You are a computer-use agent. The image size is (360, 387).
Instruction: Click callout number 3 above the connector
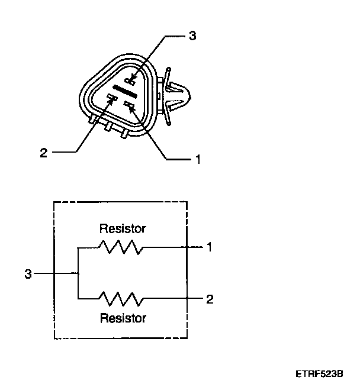(192, 36)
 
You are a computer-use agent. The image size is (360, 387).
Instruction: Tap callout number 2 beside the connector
(43, 153)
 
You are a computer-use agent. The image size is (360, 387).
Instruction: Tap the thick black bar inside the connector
(125, 91)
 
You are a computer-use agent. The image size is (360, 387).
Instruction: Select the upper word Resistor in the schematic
(123, 228)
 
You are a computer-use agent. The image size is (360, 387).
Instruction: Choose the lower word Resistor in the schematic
(123, 318)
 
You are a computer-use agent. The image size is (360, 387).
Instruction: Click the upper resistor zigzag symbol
(121, 247)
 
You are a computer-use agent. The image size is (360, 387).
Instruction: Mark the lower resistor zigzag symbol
(121, 298)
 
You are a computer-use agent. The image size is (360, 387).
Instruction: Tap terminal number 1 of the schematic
(209, 247)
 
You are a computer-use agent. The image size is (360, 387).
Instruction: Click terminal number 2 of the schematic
(209, 299)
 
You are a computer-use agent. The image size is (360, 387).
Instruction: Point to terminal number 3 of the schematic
(27, 274)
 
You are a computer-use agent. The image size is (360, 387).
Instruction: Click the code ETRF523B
(320, 374)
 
